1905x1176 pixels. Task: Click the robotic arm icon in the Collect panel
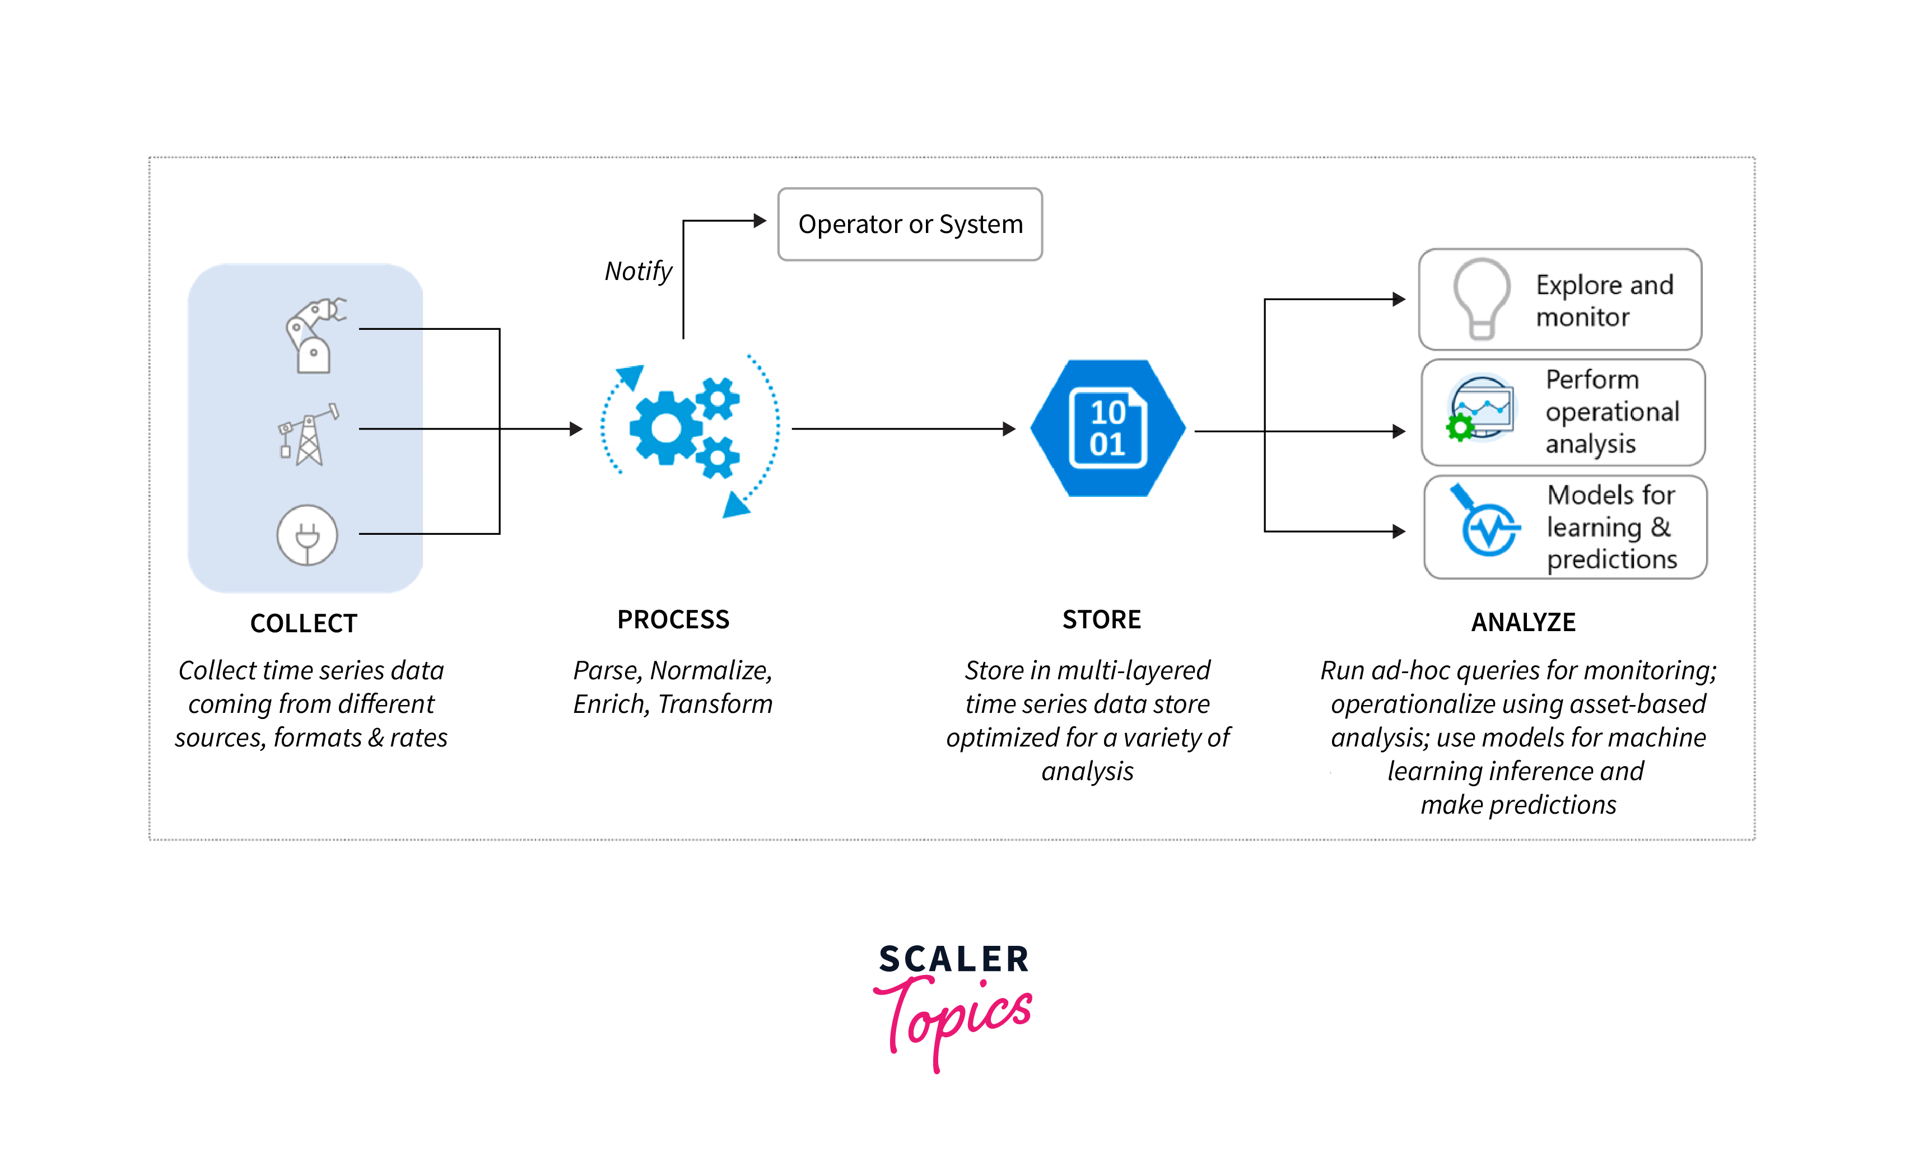pos(314,334)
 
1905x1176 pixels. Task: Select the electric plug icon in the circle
pos(308,535)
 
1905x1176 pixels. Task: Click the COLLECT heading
pos(304,623)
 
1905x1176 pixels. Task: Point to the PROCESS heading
pos(673,619)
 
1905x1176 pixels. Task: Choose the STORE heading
pos(1101,619)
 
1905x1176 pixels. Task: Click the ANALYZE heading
pos(1523,622)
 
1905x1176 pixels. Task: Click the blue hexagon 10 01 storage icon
pos(1108,428)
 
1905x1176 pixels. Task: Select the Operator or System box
pos(910,224)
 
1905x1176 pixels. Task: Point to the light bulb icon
pos(1482,298)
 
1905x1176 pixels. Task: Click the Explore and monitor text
pos(1604,301)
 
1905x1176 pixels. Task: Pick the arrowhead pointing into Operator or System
pos(760,221)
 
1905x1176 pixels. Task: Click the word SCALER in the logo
pos(954,959)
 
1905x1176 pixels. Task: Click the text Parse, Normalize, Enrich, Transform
pos(673,687)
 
